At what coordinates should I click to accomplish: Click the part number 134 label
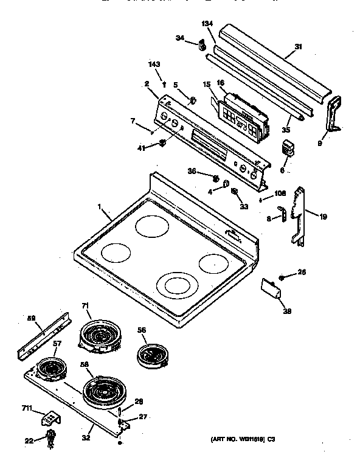208,24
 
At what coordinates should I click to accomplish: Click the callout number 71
86,306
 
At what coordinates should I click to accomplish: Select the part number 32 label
87,437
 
